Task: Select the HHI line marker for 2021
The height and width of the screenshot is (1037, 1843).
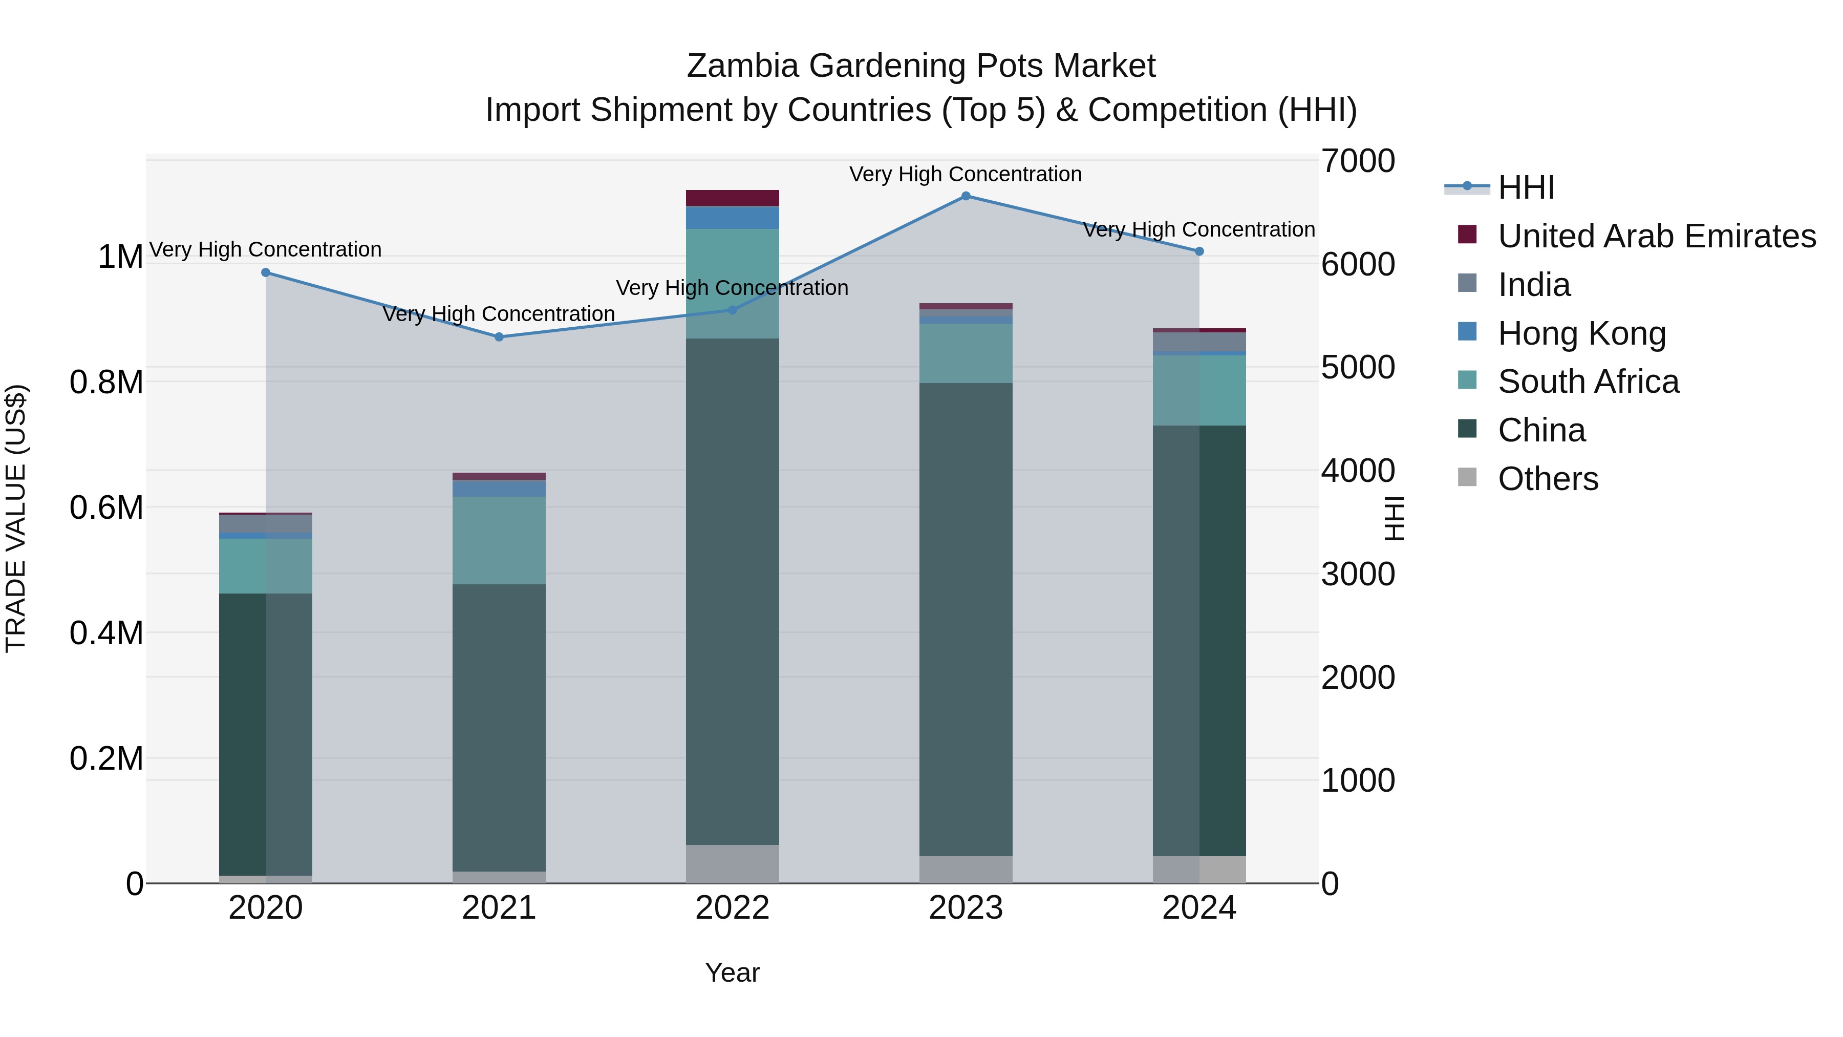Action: coord(499,337)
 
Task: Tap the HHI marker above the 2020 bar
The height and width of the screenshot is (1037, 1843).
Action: coord(265,272)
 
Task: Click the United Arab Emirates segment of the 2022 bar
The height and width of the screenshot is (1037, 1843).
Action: coord(732,198)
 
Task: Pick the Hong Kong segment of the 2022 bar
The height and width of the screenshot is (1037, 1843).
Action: coord(732,218)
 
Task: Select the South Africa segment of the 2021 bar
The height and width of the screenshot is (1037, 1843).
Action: coord(499,540)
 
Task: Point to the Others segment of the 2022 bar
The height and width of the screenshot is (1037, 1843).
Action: coord(732,864)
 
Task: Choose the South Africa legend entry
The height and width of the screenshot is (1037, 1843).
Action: coord(1588,382)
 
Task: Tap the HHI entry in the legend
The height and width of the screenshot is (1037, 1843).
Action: coord(1526,187)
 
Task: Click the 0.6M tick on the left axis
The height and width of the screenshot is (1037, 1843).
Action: coord(106,507)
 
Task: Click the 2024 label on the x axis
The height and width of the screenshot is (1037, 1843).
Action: coord(1199,908)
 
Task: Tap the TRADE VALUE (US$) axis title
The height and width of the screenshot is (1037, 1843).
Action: coord(16,518)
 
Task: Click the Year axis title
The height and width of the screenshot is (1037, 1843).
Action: coord(732,972)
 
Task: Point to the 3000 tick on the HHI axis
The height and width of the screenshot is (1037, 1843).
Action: coord(1357,574)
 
